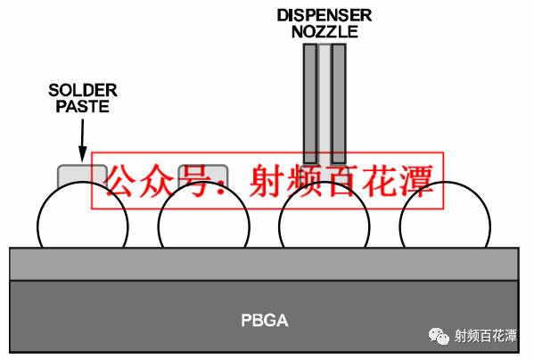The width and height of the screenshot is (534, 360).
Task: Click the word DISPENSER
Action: tap(324, 14)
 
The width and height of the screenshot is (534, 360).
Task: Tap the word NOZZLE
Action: tap(324, 31)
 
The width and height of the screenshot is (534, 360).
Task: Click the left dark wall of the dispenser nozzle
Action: tap(309, 98)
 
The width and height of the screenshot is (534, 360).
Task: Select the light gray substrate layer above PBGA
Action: tap(264, 263)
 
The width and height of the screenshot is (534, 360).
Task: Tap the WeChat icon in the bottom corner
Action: tap(439, 336)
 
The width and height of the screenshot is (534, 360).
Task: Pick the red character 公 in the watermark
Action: tap(122, 181)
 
